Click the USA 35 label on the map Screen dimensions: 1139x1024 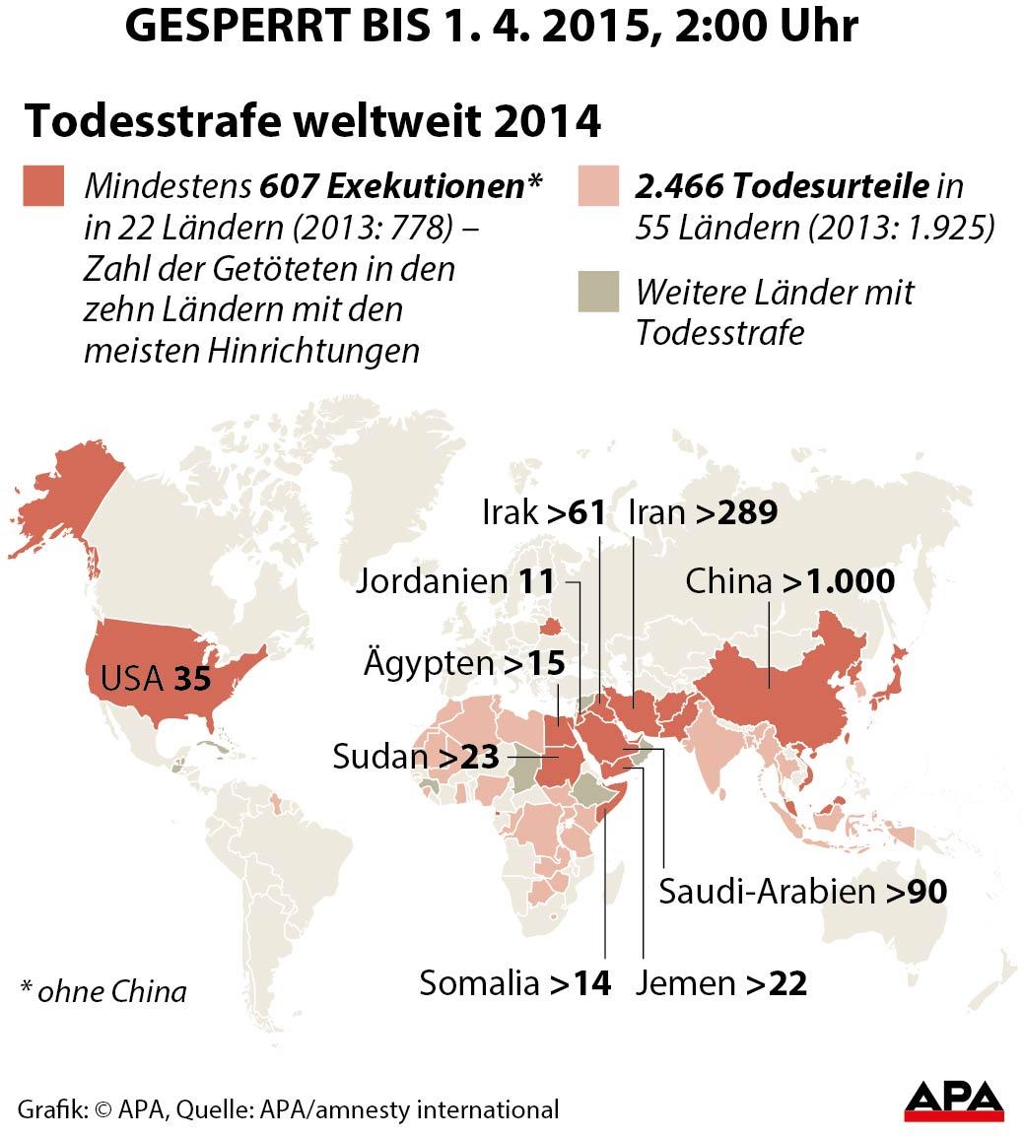tap(157, 679)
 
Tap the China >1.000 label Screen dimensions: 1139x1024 tap(789, 581)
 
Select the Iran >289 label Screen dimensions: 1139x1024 tap(703, 512)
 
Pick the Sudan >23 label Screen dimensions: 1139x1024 tap(417, 757)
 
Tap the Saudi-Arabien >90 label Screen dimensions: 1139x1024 tap(802, 891)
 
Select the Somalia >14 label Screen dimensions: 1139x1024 tap(515, 982)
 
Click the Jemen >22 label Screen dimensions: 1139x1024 tap(721, 982)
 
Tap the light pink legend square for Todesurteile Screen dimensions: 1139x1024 tap(597, 187)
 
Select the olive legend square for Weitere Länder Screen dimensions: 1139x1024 tap(597, 293)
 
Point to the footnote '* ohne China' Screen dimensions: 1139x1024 tap(102, 990)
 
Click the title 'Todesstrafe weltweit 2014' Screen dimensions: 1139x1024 tap(311, 122)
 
